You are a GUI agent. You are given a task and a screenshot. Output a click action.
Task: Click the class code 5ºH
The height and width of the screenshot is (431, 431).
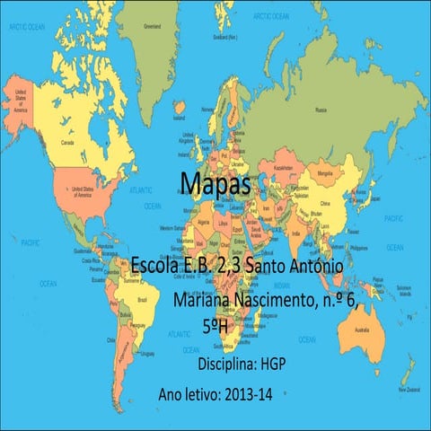pyautogui.click(x=215, y=326)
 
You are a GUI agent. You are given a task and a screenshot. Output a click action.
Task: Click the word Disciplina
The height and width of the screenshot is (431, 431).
pyautogui.click(x=227, y=365)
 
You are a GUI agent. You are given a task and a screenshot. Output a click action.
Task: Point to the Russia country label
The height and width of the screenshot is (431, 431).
pyautogui.click(x=321, y=110)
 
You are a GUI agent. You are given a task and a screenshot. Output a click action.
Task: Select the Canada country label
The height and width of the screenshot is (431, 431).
pyautogui.click(x=66, y=142)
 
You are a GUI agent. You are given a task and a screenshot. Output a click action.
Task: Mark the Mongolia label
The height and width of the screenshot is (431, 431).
pyautogui.click(x=329, y=169)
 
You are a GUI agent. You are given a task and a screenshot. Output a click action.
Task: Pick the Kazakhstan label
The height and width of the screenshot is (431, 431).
pyautogui.click(x=284, y=168)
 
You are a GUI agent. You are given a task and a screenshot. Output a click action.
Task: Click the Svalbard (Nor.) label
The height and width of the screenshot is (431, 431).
pyautogui.click(x=225, y=37)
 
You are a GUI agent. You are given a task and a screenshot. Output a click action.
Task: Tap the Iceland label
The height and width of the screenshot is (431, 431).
pyautogui.click(x=180, y=118)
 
